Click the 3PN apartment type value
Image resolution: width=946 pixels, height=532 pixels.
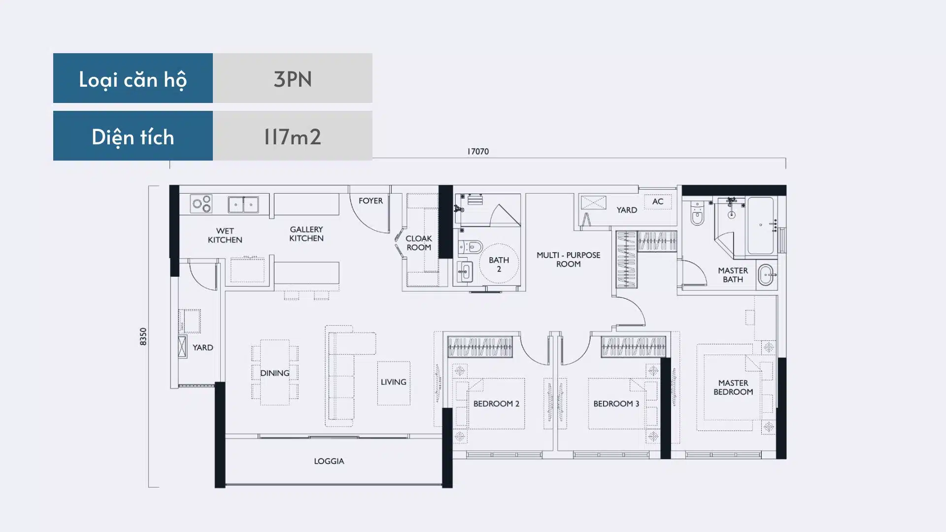tap(293, 79)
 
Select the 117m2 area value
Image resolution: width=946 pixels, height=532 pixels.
tap(293, 136)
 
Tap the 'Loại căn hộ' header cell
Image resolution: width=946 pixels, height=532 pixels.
tap(133, 78)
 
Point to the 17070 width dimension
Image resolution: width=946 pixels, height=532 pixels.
tap(478, 151)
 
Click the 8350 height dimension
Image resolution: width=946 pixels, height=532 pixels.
tap(143, 336)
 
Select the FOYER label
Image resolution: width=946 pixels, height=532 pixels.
tap(371, 200)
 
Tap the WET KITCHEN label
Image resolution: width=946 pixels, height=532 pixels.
tap(225, 235)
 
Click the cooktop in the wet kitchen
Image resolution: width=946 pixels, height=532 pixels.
tap(202, 203)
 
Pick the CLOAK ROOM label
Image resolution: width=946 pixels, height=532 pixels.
tap(419, 243)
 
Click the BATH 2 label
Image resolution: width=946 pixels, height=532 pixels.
tap(499, 264)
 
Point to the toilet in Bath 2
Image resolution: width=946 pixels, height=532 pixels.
tap(471, 247)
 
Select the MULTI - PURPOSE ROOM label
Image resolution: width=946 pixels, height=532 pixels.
tap(569, 259)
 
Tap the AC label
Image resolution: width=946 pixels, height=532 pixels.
tap(658, 201)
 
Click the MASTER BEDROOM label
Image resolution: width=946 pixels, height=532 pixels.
tap(733, 387)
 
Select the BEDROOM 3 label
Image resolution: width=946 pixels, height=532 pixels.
tap(616, 403)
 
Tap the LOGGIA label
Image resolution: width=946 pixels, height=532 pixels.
tap(329, 461)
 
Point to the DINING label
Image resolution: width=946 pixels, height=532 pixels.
tap(275, 373)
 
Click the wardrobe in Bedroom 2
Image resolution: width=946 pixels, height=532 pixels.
tap(480, 346)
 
